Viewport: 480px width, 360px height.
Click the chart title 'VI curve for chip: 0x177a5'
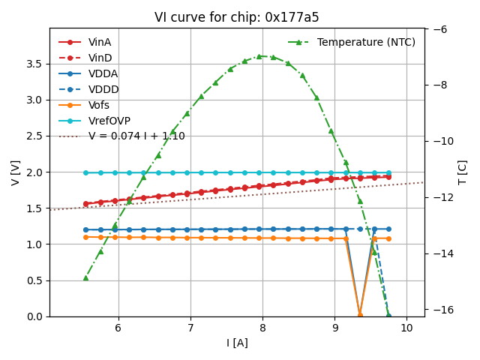coord(237,17)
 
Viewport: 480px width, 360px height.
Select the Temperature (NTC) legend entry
coord(366,42)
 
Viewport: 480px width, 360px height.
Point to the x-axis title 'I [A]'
coord(237,343)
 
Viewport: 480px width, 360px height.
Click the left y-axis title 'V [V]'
coord(16,172)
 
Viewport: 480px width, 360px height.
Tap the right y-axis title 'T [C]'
coord(463,172)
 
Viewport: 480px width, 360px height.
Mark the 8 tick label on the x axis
coord(262,328)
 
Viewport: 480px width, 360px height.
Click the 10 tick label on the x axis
coord(406,328)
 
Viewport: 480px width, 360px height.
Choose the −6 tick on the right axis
coord(440,29)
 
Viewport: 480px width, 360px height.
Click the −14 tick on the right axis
coord(440,253)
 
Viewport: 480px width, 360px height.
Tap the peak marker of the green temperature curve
coord(259,56)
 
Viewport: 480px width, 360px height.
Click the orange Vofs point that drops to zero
coord(360,314)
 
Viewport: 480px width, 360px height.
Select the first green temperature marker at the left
coord(85,277)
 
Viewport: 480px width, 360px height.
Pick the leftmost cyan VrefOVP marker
coord(85,172)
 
